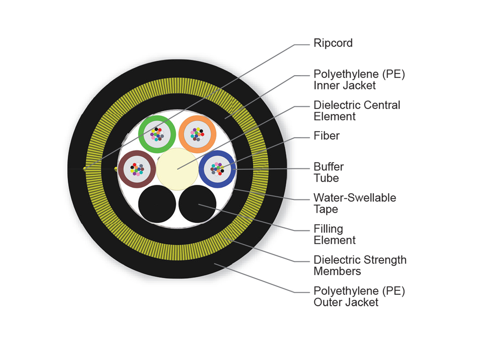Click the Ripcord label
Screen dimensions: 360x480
[x=333, y=43]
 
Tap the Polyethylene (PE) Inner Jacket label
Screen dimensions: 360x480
[x=359, y=80]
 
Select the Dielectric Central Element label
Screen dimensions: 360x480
[x=357, y=111]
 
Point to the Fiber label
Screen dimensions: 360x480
[x=326, y=136]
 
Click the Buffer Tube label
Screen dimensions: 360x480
[x=328, y=172]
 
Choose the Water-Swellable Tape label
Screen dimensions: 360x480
[x=354, y=203]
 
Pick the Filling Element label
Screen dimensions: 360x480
[x=334, y=234]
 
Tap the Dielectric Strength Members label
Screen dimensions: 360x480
[x=360, y=265]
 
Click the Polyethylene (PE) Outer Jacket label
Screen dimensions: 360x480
[x=359, y=296]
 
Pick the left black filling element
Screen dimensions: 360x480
[x=157, y=204]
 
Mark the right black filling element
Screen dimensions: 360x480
[x=198, y=204]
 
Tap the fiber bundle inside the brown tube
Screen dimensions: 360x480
[x=137, y=169]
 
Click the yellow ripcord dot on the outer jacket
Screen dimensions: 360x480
[x=85, y=170]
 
